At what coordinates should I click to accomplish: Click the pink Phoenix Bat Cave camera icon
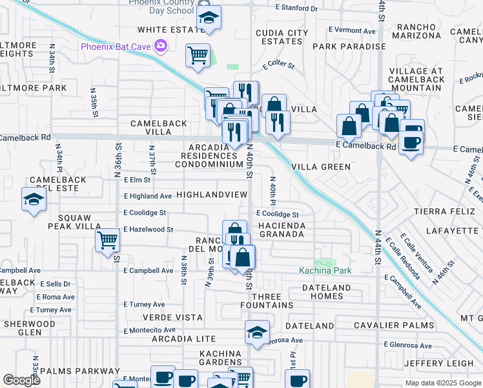[160, 46]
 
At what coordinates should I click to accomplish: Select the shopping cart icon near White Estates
[198, 55]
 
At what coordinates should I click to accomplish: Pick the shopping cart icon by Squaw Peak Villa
[107, 241]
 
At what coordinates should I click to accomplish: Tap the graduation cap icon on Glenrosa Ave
[257, 333]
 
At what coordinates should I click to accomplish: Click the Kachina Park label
[325, 270]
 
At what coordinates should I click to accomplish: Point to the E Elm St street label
[137, 180]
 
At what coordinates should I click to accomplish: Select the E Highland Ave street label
[148, 196]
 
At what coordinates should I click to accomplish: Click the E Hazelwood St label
[149, 230]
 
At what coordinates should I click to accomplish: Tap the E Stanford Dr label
[296, 8]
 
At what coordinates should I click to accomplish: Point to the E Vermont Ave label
[352, 30]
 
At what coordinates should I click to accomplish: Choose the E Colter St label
[278, 65]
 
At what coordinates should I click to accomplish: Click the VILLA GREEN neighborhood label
[321, 167]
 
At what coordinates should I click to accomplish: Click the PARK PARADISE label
[349, 47]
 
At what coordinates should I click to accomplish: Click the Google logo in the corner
[21, 380]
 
